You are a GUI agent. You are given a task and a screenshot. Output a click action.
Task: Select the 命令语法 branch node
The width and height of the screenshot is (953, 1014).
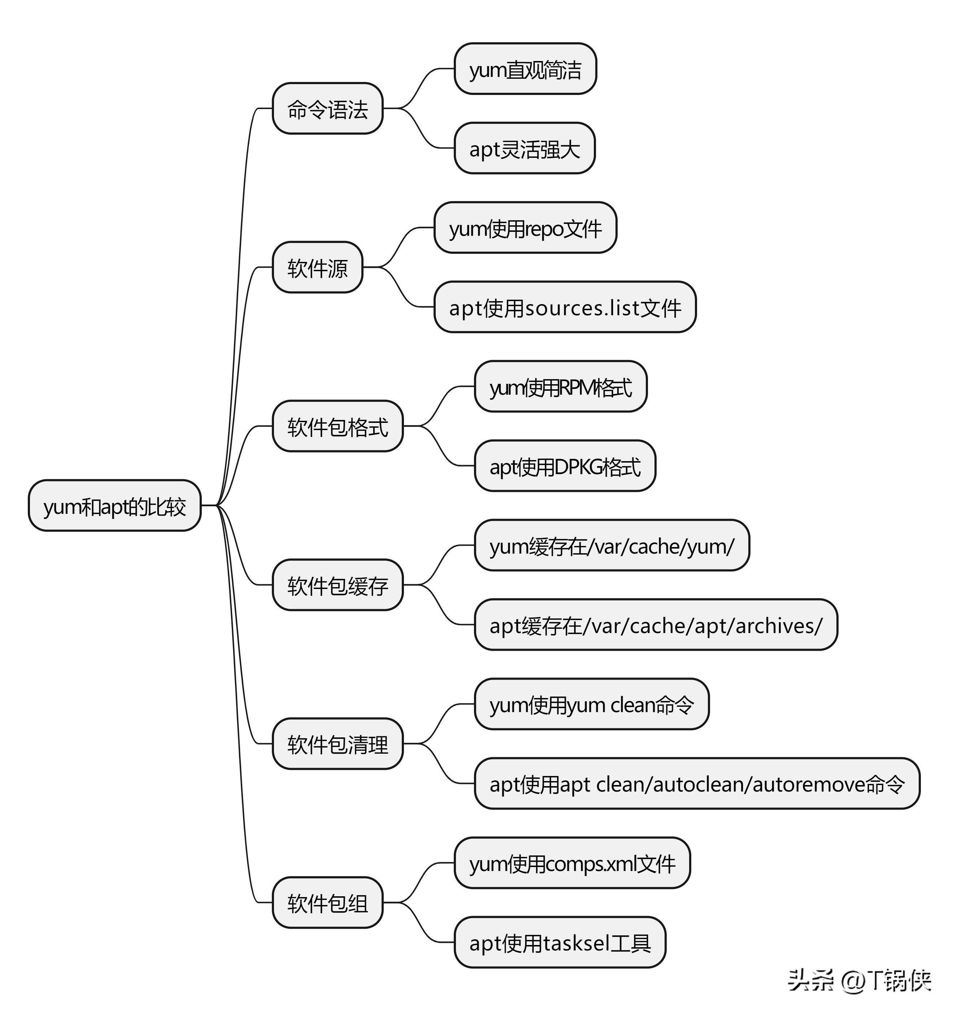327,109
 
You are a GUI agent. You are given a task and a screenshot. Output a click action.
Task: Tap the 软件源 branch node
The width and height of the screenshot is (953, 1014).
317,267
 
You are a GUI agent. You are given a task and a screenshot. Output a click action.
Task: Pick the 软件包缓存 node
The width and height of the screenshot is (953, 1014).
338,585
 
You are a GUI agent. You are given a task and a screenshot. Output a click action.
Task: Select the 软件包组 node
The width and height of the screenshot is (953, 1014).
327,902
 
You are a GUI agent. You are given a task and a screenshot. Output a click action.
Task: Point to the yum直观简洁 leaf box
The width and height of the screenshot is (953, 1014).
525,69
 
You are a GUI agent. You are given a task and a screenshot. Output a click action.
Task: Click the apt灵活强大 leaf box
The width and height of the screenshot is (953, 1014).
525,148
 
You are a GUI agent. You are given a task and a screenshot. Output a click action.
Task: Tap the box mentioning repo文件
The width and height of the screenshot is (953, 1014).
525,228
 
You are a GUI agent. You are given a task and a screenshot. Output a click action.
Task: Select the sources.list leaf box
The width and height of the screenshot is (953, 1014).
565,307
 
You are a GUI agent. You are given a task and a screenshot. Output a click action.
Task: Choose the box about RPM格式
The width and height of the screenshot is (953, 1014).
560,387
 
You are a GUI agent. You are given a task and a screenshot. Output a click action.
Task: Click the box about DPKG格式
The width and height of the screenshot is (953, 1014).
565,466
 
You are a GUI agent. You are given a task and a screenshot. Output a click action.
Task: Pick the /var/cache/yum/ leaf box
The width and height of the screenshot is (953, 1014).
612,545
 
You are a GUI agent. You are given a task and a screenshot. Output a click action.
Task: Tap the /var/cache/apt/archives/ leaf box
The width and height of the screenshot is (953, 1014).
656,625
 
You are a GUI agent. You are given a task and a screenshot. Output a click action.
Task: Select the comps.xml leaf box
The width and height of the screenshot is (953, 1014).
572,863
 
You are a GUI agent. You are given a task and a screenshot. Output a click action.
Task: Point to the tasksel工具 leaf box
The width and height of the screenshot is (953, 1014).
560,942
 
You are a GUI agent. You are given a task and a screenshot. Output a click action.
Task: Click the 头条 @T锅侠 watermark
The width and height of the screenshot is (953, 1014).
860,979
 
